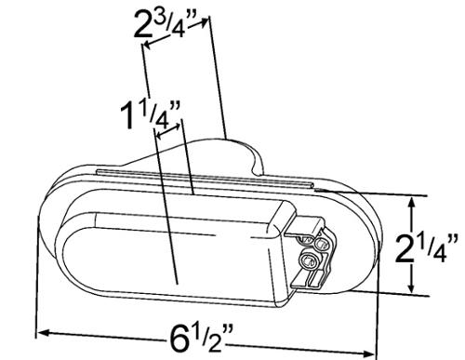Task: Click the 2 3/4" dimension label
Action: click(165, 25)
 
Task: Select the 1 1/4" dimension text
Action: click(150, 115)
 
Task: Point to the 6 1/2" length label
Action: click(201, 338)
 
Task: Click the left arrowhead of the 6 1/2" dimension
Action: click(43, 333)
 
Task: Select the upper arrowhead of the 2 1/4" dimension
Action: click(412, 204)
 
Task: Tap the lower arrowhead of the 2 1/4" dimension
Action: click(411, 286)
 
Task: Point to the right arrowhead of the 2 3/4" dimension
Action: click(203, 21)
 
